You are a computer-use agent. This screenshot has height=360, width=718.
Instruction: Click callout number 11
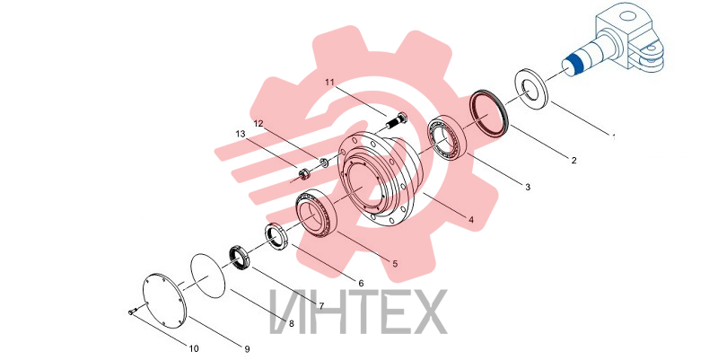tap(329, 83)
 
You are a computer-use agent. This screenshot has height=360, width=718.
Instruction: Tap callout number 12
tap(258, 124)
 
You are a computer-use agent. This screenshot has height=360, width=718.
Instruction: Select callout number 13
tap(241, 134)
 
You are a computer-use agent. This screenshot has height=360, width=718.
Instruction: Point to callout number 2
tap(574, 161)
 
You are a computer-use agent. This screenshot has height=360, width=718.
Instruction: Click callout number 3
tap(528, 187)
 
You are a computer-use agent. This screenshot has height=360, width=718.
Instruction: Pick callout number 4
tap(471, 220)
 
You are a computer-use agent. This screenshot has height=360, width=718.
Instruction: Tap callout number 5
tap(395, 264)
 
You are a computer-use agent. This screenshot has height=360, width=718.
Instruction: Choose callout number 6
tap(361, 284)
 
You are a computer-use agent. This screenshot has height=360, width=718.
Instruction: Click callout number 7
tap(321, 306)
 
